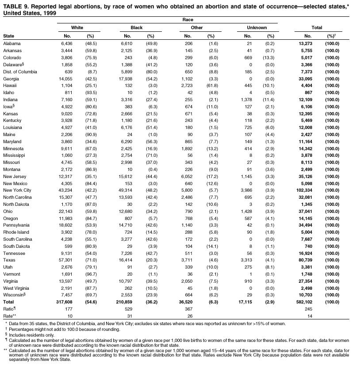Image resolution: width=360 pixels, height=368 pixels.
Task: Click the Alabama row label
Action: point(11,43)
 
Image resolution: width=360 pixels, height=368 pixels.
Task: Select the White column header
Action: point(77,27)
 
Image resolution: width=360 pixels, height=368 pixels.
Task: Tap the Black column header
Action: point(137,27)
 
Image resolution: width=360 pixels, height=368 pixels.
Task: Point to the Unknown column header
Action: point(257,27)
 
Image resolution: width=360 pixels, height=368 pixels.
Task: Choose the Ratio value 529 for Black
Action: point(129,309)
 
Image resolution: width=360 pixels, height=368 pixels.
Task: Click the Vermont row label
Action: point(11,274)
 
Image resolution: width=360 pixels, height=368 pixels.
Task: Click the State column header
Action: point(8,35)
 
